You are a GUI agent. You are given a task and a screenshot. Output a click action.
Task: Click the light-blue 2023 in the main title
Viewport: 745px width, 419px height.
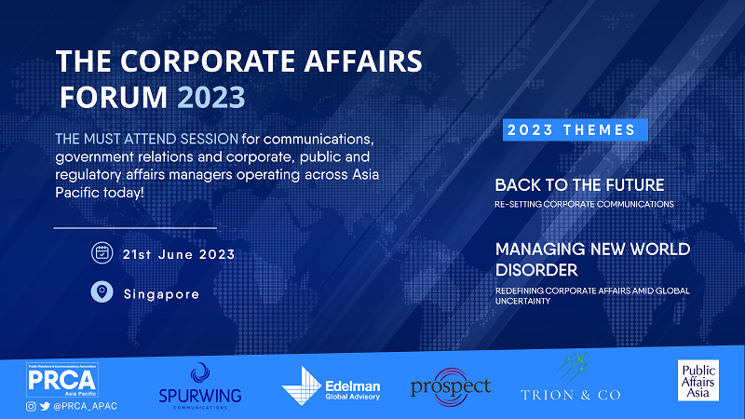(211, 97)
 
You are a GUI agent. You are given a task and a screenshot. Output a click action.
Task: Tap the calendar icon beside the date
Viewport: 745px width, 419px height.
(102, 252)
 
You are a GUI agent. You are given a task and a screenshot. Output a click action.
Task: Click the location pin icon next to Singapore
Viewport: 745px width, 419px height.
(102, 291)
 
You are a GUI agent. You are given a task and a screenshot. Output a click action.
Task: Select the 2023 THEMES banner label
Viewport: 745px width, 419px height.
(576, 129)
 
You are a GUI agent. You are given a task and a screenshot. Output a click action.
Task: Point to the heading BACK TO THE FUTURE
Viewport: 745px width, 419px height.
(579, 184)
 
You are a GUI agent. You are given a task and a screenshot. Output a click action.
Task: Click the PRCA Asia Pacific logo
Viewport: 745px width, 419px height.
(62, 380)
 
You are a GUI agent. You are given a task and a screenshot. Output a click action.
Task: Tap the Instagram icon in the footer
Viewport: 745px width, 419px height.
(31, 406)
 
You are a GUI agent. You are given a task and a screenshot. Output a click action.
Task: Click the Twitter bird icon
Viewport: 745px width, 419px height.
(45, 406)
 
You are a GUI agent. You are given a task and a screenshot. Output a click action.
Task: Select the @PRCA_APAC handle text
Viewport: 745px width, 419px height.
(85, 406)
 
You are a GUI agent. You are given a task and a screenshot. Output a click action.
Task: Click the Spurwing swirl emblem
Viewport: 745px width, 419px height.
(200, 373)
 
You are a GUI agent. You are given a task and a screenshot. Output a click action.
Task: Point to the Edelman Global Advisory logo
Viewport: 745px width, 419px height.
(331, 385)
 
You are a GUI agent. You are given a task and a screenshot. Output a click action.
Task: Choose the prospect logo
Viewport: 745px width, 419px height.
(451, 386)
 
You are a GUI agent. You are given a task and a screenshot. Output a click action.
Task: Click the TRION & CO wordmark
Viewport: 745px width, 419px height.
(571, 395)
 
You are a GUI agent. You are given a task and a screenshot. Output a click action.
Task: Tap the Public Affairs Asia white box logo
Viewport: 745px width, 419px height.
(698, 380)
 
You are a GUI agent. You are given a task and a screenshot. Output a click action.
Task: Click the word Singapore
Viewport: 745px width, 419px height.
(161, 294)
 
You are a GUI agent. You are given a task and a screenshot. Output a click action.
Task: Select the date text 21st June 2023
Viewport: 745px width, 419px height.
(179, 254)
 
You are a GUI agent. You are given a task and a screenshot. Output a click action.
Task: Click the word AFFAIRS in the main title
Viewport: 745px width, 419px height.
(363, 61)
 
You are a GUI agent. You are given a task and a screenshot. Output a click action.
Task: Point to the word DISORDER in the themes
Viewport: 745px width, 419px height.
(536, 270)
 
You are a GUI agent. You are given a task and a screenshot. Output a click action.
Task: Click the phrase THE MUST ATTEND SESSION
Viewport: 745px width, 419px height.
(147, 139)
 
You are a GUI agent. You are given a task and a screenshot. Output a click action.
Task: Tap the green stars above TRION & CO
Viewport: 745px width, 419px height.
(572, 368)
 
